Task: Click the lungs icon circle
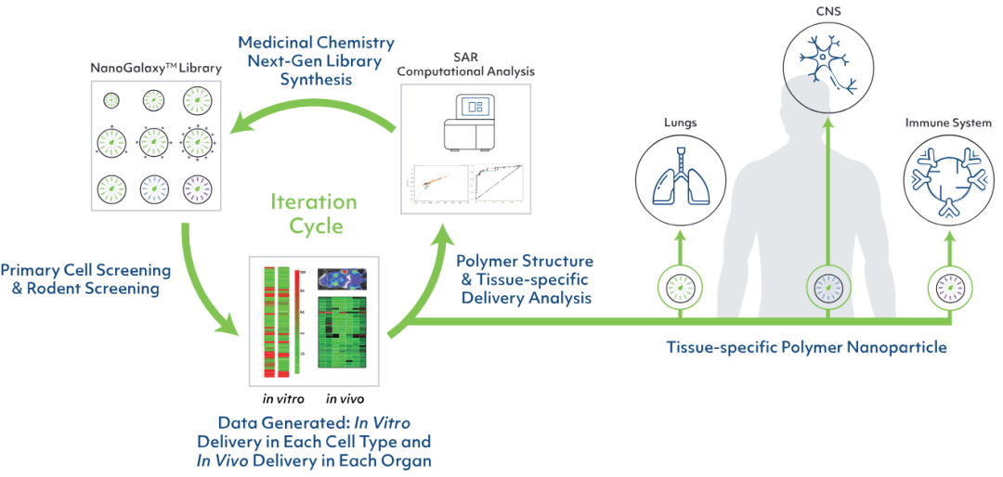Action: (675, 173)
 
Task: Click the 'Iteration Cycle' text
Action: (313, 213)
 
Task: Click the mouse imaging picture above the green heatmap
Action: (343, 277)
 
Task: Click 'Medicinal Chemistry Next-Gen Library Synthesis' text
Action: (316, 61)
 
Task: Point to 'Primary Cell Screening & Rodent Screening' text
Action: (85, 279)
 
